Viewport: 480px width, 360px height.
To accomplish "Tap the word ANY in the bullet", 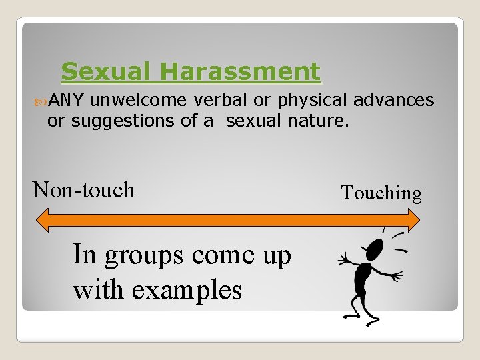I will point(65,101).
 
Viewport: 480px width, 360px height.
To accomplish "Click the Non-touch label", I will point(84,190).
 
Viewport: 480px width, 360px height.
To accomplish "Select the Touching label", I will point(381,193).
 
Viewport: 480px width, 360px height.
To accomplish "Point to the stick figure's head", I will point(375,249).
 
